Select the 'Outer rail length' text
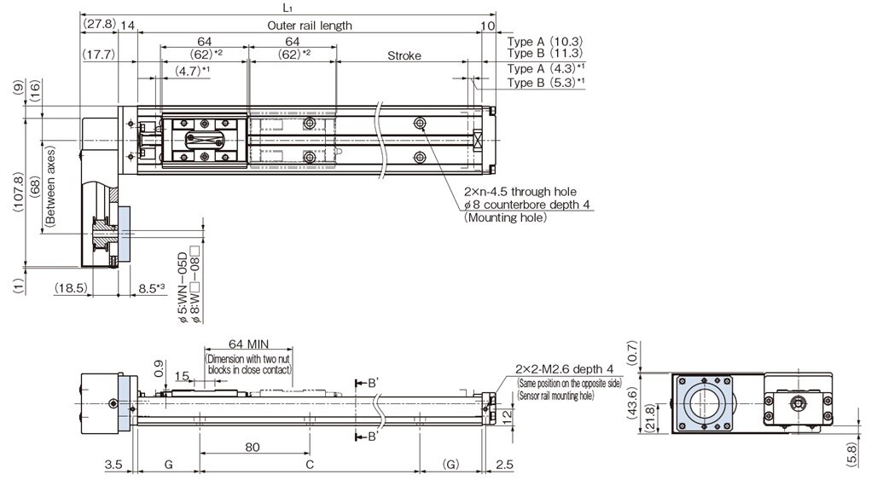(309, 26)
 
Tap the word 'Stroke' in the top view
(404, 56)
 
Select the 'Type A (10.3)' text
(545, 41)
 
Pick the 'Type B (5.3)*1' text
(547, 83)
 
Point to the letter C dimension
(310, 465)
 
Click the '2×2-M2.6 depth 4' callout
(564, 368)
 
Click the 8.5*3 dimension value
(151, 289)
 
